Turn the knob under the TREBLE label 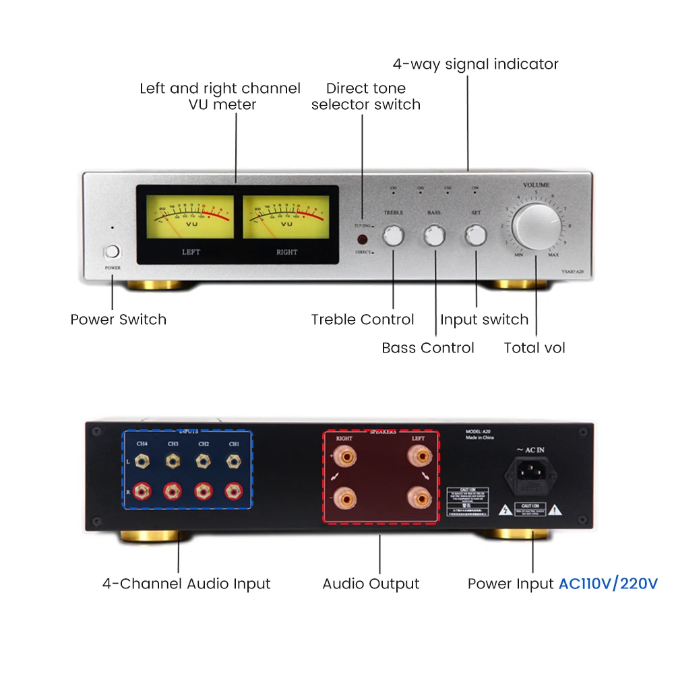(x=394, y=236)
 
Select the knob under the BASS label (x=435, y=236)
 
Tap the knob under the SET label (x=476, y=236)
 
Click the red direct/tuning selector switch (x=363, y=239)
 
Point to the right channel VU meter (x=286, y=217)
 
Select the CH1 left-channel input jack (x=234, y=462)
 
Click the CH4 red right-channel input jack (x=142, y=491)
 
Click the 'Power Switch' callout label (x=118, y=319)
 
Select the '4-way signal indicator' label (x=476, y=65)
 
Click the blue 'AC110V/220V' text (x=608, y=584)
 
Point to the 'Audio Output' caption (x=371, y=584)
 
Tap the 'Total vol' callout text (x=534, y=348)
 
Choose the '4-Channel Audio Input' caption (x=186, y=584)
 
